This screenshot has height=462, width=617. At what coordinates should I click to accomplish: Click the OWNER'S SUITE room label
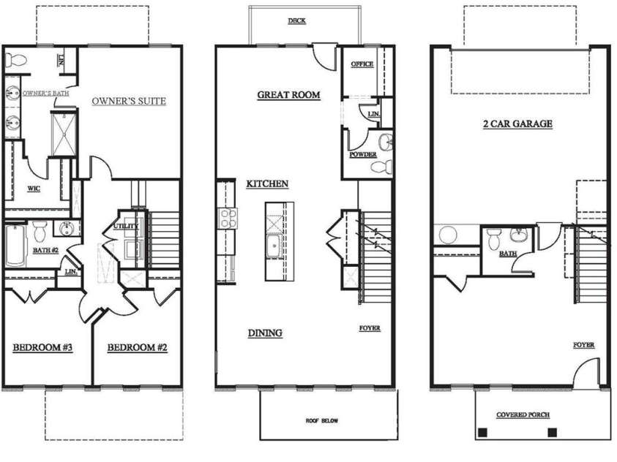tap(129, 101)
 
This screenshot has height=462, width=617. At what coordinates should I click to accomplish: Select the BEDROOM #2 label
tap(137, 347)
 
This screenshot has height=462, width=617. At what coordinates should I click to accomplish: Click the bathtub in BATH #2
tap(15, 245)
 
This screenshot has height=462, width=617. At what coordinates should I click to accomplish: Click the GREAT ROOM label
tap(288, 95)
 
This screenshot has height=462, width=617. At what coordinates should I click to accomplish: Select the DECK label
tap(296, 21)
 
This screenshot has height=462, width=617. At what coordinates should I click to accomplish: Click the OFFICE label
tap(362, 64)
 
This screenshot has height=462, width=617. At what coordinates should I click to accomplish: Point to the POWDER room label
tap(363, 154)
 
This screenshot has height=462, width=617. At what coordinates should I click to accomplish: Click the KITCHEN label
tap(267, 184)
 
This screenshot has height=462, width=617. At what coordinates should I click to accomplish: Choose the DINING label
tap(264, 333)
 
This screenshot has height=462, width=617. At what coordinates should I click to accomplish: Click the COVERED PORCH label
tap(523, 414)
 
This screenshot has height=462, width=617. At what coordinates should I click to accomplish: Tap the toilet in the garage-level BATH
tap(494, 238)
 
